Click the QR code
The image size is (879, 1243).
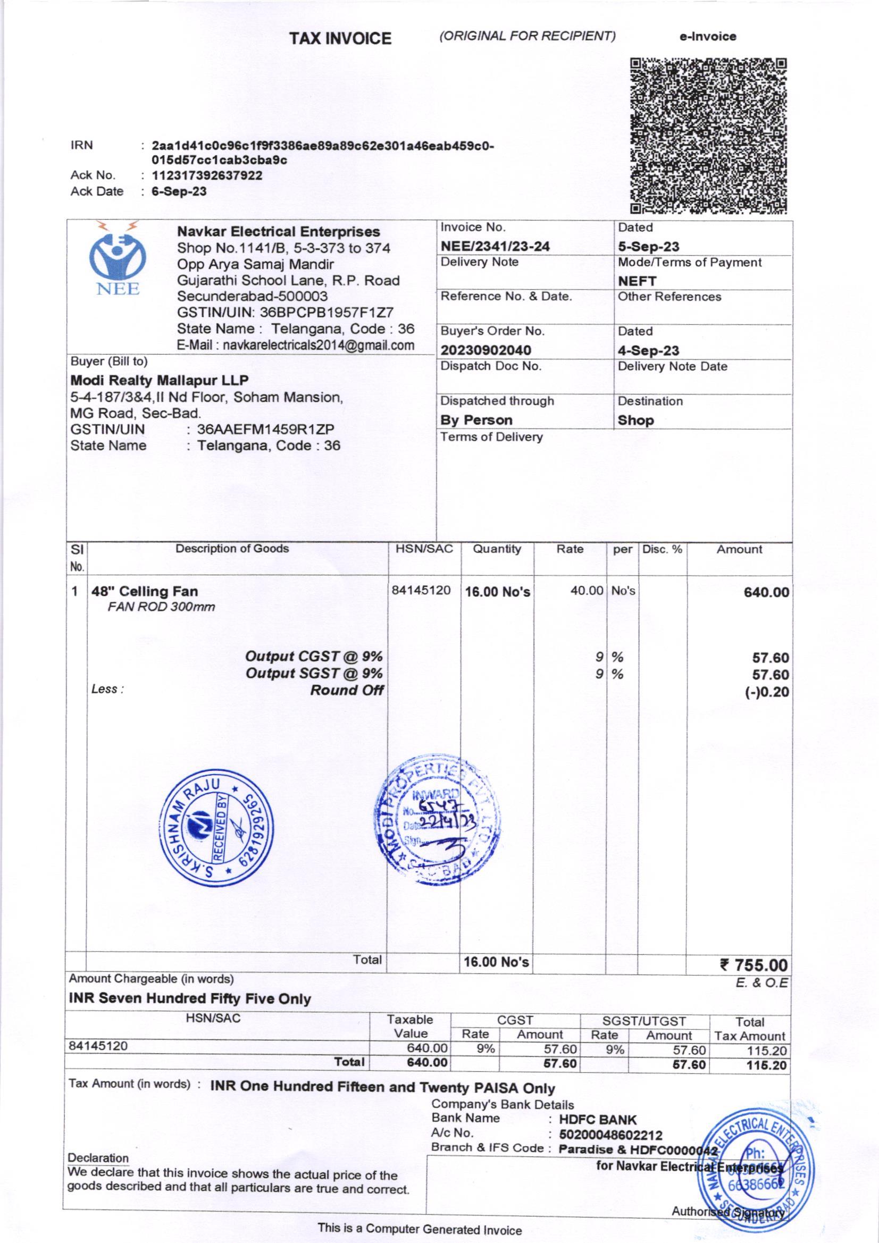[708, 136]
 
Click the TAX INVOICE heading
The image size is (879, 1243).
[340, 38]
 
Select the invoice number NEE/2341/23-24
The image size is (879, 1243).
[495, 246]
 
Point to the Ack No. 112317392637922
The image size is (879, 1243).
[207, 175]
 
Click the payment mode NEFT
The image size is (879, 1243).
[637, 281]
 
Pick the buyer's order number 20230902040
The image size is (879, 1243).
[485, 350]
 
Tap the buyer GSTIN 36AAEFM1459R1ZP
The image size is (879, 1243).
[265, 430]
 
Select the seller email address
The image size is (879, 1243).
[296, 346]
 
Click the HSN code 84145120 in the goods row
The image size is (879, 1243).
[421, 590]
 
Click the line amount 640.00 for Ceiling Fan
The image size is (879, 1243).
[766, 592]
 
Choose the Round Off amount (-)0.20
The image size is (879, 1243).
[767, 691]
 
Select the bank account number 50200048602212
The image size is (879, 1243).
[610, 1135]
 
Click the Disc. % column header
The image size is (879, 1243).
[662, 550]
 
